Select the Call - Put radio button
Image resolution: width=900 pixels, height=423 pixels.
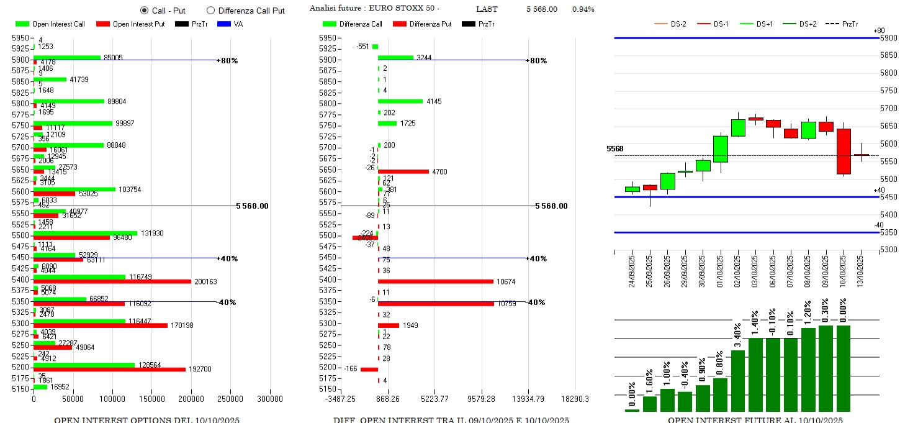[x=145, y=11]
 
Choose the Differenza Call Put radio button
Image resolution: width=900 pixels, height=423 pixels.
[x=210, y=11]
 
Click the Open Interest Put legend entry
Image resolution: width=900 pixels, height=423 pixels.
[x=130, y=24]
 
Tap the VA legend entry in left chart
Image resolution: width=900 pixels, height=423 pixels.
[x=230, y=24]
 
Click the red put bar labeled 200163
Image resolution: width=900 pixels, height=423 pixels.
[x=112, y=281]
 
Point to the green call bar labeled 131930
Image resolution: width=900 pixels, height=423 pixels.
[x=85, y=234]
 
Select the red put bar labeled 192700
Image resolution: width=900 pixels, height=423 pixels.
[x=109, y=369]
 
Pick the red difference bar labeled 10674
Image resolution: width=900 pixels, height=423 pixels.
[x=435, y=281]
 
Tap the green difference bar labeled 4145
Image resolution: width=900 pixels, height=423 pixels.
[x=400, y=101]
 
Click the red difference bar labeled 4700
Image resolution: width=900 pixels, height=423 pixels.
[x=403, y=171]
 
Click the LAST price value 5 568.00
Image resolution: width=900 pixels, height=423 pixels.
[x=541, y=9]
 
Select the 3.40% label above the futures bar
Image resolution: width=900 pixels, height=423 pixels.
[x=737, y=335]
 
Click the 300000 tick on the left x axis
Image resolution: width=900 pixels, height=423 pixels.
[x=271, y=399]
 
